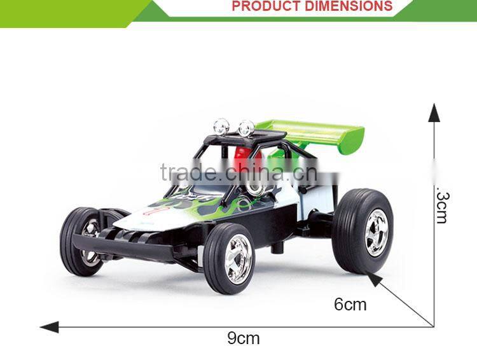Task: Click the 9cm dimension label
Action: pyautogui.click(x=244, y=338)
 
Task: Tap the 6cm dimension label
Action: pyautogui.click(x=350, y=305)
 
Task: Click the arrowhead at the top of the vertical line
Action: pyautogui.click(x=434, y=113)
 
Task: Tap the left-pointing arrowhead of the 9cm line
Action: pyautogui.click(x=48, y=327)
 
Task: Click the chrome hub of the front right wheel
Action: pyautogui.click(x=239, y=259)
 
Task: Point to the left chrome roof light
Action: pyautogui.click(x=221, y=125)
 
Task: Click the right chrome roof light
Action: pyautogui.click(x=247, y=127)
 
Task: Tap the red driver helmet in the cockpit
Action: pyautogui.click(x=242, y=157)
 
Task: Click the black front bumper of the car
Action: pyautogui.click(x=124, y=248)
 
